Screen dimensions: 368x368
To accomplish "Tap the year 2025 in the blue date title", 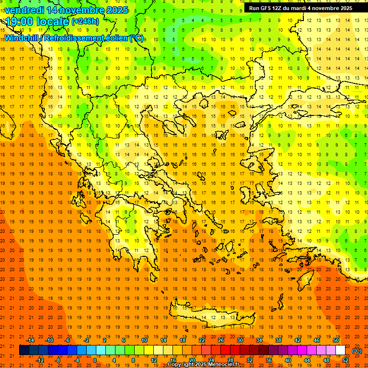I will point(117,10).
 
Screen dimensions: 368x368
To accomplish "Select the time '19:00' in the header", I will point(20,22).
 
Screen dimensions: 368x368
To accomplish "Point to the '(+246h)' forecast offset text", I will point(85,21).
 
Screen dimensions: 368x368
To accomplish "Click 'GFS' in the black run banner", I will point(267,8).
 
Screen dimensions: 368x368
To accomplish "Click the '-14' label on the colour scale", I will point(30,340).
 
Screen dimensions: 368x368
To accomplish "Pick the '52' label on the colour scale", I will point(345,360).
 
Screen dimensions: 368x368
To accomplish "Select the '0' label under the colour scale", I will point(95,360).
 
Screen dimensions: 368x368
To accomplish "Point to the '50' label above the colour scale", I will point(336,340).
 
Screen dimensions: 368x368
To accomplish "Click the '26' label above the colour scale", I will point(221,340).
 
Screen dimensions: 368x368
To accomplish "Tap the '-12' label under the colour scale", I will point(40,360).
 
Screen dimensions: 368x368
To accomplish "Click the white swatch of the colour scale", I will point(340,350).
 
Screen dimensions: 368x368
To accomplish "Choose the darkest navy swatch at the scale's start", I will point(24,350).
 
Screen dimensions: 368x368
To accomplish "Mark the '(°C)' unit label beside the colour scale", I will point(357,351).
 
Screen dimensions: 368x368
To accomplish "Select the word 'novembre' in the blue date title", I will point(83,10).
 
